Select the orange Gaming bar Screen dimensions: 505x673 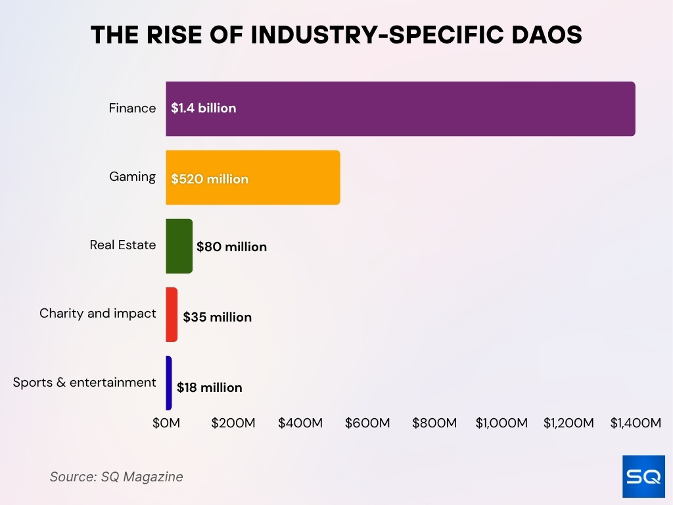click(296, 178)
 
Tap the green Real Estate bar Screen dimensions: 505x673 click(179, 246)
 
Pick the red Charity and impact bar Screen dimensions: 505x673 click(172, 314)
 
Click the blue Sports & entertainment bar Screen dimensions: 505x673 click(169, 383)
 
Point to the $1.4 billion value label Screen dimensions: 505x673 click(203, 108)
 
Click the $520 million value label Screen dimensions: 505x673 click(210, 179)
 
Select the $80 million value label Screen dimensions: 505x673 click(231, 247)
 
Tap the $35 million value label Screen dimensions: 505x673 click(217, 317)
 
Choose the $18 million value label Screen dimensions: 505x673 click(209, 387)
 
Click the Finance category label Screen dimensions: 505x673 click(132, 108)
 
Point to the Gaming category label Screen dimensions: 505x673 click(132, 177)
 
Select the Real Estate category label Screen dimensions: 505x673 click(123, 245)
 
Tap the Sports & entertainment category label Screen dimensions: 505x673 click(84, 383)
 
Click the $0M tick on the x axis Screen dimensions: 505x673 click(166, 423)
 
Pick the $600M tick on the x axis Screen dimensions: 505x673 click(367, 423)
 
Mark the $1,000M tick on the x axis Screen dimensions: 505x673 click(501, 423)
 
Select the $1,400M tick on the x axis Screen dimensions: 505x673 click(635, 423)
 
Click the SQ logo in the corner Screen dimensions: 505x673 click(643, 476)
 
